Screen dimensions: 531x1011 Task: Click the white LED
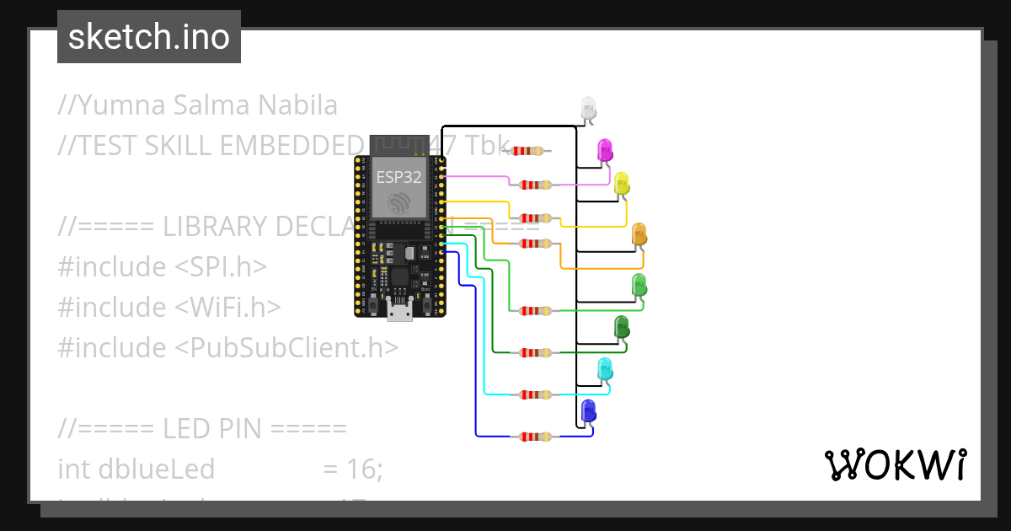point(589,108)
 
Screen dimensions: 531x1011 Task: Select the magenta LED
point(605,150)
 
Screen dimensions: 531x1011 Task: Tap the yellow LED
point(622,184)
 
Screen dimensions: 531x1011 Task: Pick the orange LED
point(639,235)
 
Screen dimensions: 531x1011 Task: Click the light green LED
point(639,285)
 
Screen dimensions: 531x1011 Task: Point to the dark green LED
point(622,327)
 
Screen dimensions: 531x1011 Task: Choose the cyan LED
point(605,369)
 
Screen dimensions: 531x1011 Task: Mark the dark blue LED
point(588,411)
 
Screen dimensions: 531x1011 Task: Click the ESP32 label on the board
point(399,177)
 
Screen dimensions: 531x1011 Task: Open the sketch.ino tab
point(149,37)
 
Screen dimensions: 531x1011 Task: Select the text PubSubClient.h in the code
point(286,347)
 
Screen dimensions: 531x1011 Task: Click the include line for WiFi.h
point(169,307)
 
